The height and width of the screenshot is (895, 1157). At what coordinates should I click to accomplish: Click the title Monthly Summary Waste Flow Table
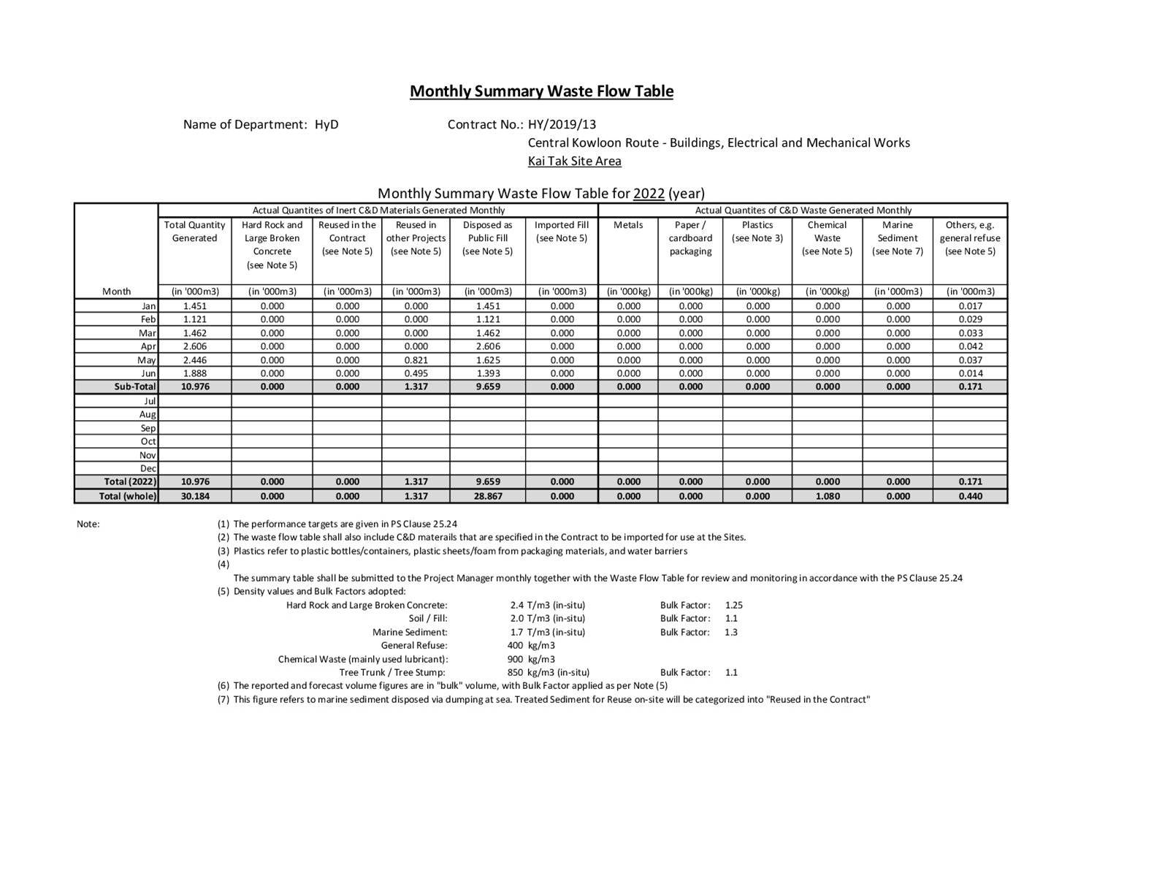coord(541,91)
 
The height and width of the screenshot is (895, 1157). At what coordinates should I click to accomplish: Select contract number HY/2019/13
coord(562,124)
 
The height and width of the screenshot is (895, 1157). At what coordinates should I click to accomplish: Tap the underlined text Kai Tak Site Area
coord(574,161)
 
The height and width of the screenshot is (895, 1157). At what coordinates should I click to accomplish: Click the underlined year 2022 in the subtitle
coord(649,194)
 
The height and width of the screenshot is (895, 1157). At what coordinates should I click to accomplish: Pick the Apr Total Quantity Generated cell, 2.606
coord(195,346)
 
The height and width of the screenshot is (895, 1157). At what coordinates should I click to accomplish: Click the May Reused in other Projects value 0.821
coord(416,360)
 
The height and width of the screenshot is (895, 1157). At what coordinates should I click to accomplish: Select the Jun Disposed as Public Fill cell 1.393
coord(487,373)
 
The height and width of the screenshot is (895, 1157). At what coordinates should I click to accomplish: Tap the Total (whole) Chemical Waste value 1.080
coord(827,496)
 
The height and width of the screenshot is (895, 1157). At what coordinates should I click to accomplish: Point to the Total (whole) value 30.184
coord(195,496)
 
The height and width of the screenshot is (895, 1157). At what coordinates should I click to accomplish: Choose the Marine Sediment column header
coord(897,238)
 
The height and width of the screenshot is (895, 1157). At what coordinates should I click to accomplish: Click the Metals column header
coord(627,225)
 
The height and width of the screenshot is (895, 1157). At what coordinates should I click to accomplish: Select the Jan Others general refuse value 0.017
coord(970,306)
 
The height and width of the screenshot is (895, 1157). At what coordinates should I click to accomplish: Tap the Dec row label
coord(148,468)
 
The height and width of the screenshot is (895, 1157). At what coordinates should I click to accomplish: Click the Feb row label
coord(148,319)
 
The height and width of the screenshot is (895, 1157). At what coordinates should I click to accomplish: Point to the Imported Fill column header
coord(561,232)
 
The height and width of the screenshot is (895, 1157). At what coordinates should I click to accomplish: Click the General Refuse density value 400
coord(515,646)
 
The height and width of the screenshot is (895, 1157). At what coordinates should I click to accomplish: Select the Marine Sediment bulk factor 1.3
coord(731,632)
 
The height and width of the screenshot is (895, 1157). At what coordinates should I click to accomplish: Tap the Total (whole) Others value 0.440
coord(970,496)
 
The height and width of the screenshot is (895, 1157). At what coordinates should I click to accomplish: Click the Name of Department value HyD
coord(327,124)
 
